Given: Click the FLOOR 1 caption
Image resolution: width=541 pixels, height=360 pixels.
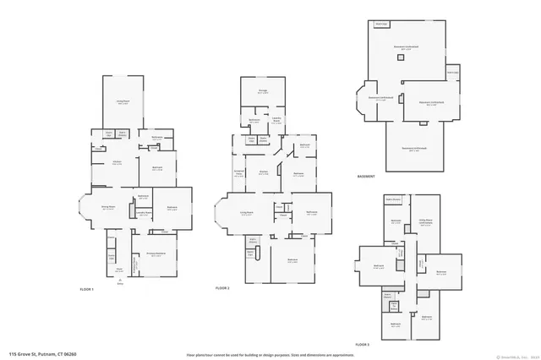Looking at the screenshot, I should [x=86, y=290].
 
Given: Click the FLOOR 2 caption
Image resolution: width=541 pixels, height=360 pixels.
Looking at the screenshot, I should [x=222, y=289].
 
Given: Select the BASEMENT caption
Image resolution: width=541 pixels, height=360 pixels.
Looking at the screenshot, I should [x=366, y=177].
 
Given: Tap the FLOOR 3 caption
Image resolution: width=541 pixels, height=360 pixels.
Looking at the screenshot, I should [x=363, y=345].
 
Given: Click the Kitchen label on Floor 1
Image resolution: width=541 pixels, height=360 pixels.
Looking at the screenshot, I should [x=117, y=161].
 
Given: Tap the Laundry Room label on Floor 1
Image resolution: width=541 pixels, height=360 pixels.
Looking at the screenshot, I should [x=143, y=235].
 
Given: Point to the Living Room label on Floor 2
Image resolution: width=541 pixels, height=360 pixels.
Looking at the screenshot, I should [x=247, y=213].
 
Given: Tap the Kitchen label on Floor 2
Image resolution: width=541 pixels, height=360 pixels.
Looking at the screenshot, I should [x=264, y=172].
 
